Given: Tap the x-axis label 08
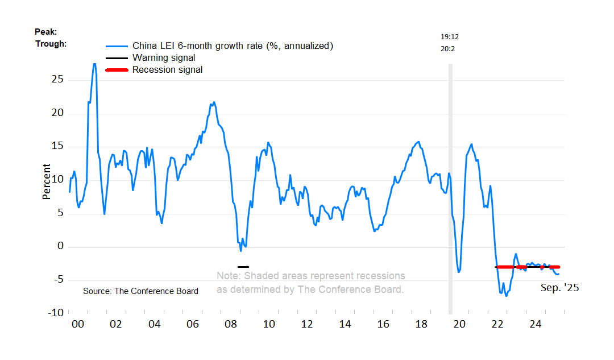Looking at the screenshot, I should (231, 324).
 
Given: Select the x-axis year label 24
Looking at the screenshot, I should (535, 324).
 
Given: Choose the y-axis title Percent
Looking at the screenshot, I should (46, 181).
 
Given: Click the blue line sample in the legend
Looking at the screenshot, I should (116, 46).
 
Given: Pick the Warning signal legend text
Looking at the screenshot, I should (164, 57).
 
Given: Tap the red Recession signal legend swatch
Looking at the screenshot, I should (116, 69).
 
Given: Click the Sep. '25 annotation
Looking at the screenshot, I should (559, 288).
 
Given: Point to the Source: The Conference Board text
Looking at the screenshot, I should (140, 291).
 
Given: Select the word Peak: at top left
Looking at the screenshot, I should (46, 32).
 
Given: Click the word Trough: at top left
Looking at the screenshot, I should (51, 43).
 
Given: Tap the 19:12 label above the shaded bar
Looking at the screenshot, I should (450, 36).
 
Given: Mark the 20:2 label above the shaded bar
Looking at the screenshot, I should (448, 49).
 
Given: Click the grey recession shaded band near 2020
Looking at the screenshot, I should (450, 188).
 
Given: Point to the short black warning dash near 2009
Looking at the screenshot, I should (243, 267).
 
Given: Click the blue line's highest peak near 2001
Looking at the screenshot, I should (94, 64).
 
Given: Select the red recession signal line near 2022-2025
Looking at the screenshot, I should (529, 267).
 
